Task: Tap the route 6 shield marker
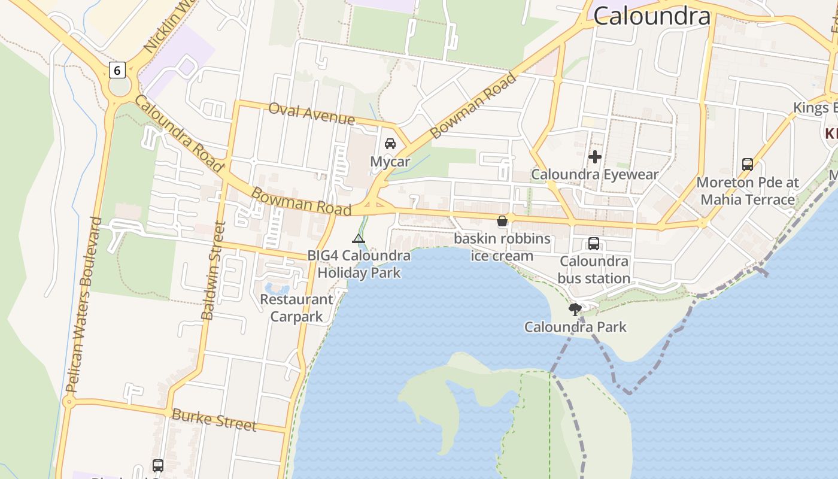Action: point(117,70)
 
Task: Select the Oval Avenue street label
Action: point(311,113)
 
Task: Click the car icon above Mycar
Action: point(390,144)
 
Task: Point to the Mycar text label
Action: point(390,162)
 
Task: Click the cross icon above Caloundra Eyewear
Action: point(595,157)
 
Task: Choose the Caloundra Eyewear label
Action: point(595,174)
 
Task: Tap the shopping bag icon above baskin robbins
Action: point(502,221)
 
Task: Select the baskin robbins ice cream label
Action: point(502,247)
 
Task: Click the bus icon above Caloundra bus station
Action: point(594,244)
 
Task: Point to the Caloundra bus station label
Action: point(594,269)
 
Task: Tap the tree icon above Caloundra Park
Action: point(575,310)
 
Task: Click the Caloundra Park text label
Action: point(575,327)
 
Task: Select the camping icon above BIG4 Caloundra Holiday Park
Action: point(359,239)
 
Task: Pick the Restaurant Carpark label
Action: point(297,308)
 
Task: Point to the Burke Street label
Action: point(214,420)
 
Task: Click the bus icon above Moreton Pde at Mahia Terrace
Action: point(747,164)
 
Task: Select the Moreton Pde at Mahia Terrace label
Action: point(748,190)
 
